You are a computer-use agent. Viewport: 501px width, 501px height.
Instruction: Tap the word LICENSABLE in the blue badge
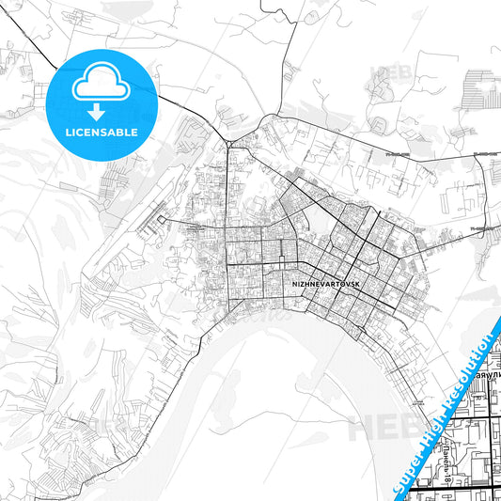pos(101,133)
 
